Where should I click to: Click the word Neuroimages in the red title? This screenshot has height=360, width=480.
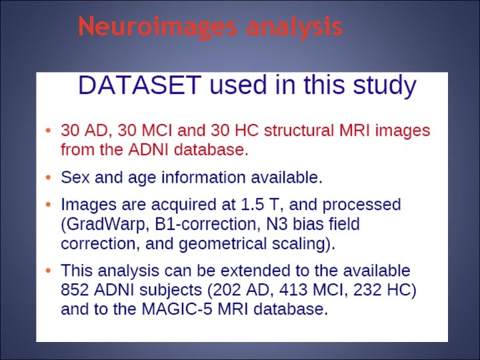click(158, 27)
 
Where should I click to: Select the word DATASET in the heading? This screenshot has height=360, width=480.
click(139, 85)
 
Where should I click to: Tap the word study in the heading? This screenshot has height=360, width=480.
click(383, 85)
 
